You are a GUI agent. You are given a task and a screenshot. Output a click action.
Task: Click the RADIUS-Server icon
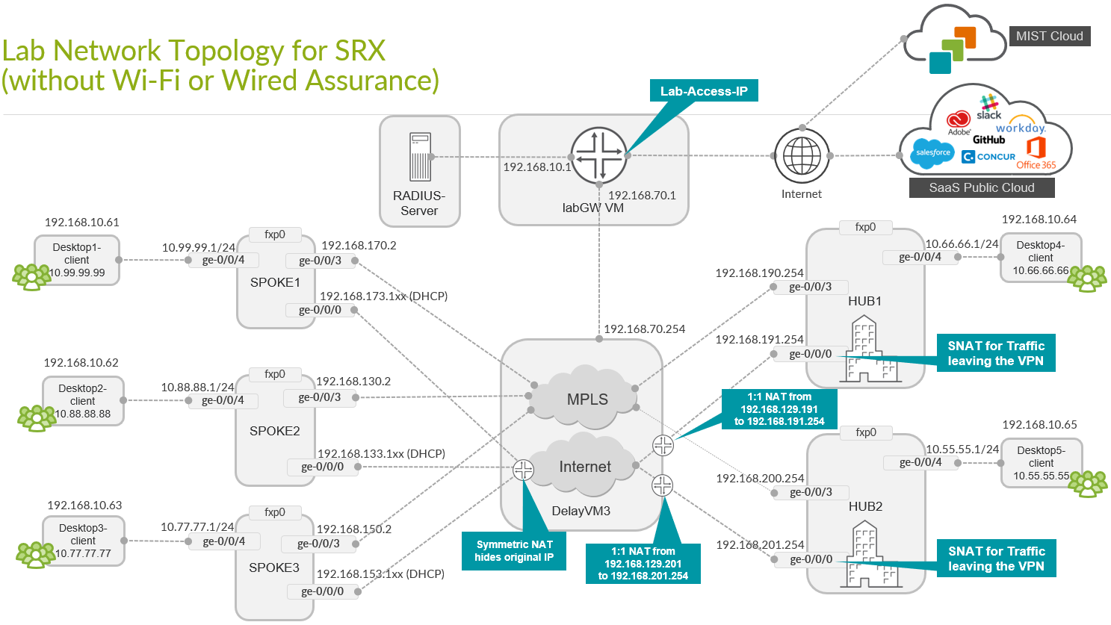(420, 157)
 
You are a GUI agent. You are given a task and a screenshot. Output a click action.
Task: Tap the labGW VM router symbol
(599, 155)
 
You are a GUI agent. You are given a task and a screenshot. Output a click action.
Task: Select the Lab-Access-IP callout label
(703, 91)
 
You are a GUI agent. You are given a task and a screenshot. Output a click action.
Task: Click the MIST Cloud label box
(1049, 36)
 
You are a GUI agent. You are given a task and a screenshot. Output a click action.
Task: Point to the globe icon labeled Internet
(802, 156)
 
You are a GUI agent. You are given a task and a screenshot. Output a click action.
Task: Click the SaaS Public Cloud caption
(981, 187)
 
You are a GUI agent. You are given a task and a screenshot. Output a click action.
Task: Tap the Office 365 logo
(1036, 152)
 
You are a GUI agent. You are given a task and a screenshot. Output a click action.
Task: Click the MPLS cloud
(587, 398)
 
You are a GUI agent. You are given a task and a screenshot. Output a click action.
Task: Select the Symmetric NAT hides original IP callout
(514, 551)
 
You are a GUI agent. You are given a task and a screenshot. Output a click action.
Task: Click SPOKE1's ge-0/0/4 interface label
(223, 260)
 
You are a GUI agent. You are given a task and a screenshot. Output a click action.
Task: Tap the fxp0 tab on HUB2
(866, 432)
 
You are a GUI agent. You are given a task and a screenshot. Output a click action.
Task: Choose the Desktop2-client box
(83, 401)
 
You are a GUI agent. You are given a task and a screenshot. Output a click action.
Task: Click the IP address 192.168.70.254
(644, 329)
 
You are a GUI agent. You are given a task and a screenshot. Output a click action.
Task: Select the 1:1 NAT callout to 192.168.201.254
(643, 564)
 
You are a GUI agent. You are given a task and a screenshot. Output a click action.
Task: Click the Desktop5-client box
(1041, 463)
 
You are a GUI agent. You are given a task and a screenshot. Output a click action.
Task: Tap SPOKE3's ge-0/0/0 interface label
(322, 591)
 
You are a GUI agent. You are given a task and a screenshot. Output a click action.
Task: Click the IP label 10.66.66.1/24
(962, 243)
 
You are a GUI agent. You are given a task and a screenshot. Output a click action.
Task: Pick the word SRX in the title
(360, 51)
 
